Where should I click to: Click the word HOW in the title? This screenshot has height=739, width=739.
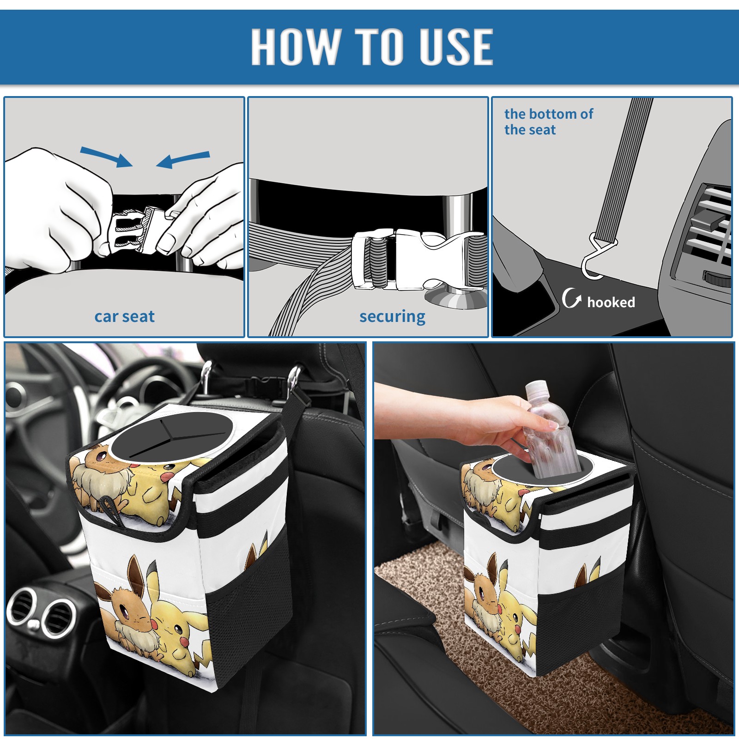tap(295, 46)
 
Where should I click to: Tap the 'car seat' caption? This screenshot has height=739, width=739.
tap(124, 316)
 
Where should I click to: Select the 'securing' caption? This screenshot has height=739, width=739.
tap(392, 317)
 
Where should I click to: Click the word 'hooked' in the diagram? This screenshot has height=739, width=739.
tap(611, 302)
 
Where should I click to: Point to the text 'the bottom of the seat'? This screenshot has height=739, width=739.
tap(549, 121)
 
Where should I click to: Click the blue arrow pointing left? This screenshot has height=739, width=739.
tap(183, 159)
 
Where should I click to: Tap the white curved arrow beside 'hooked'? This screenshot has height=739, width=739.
tap(571, 298)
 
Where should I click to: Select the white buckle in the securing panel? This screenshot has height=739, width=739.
tap(416, 260)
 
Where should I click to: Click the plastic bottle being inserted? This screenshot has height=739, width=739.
tap(548, 430)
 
